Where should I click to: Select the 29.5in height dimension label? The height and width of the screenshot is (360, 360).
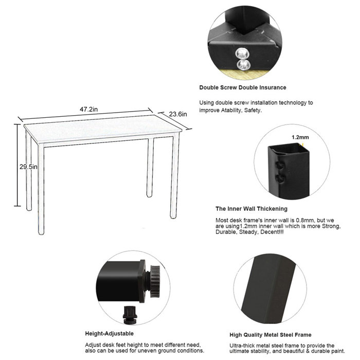coord(25,167)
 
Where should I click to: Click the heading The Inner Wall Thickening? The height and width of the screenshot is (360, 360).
coord(251,209)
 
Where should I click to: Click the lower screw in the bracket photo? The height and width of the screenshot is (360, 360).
coord(241,64)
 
